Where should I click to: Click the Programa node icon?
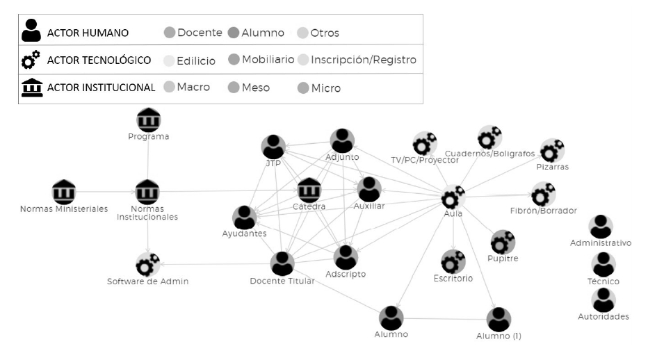tap(149, 120)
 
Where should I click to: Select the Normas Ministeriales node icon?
tap(64, 192)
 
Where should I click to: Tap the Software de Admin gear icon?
tap(147, 265)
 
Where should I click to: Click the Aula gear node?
tap(453, 197)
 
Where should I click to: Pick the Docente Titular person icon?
tap(282, 263)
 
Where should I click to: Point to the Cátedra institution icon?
tap(309, 190)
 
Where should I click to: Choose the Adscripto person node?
tap(346, 258)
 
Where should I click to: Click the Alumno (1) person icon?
tap(499, 320)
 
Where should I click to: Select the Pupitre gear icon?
tap(503, 243)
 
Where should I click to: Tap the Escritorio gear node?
tap(453, 262)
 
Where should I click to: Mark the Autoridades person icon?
tap(603, 300)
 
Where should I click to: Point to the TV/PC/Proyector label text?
tap(424, 160)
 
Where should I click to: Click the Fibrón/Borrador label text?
tap(543, 211)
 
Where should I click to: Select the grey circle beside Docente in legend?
tap(169, 33)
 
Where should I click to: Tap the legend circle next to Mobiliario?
tap(234, 60)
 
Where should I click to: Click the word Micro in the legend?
tap(325, 88)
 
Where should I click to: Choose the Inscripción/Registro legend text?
tap(364, 60)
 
